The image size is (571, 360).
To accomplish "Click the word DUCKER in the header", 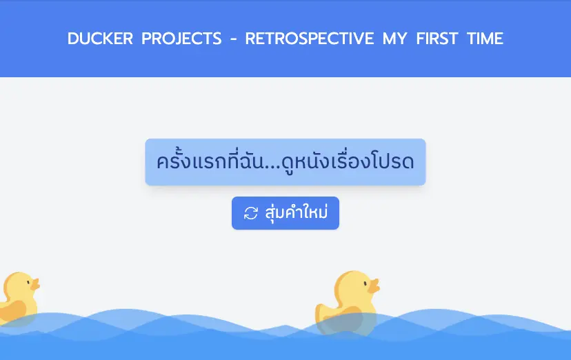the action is click(100, 39).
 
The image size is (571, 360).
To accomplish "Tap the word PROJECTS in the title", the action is click(181, 39).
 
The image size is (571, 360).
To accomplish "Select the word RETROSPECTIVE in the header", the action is click(310, 39).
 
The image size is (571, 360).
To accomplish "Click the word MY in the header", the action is click(394, 39).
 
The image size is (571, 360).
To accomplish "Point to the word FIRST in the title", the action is click(437, 39).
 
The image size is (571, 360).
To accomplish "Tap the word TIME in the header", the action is click(485, 39).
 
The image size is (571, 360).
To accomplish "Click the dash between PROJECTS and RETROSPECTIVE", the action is click(233, 39).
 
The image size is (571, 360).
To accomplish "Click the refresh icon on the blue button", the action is click(251, 213).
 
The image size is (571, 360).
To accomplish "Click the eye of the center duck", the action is click(365, 283).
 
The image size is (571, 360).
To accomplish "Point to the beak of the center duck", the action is click(374, 286).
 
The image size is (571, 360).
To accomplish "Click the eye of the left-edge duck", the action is click(28, 282).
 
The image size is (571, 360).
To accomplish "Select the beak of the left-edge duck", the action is click(35, 284).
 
